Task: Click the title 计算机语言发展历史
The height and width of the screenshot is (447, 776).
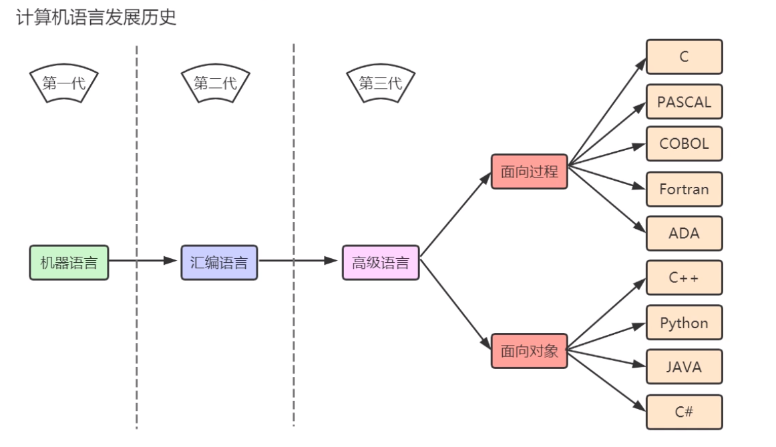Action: pos(96,17)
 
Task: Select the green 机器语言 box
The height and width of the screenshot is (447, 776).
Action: pos(69,262)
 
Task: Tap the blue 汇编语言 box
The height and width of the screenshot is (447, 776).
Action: pos(219,262)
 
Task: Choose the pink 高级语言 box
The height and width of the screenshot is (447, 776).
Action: pos(381,262)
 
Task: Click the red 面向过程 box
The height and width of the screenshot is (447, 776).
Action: pos(529,171)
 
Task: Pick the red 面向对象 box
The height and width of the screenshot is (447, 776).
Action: pos(529,351)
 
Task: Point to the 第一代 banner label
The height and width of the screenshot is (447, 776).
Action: pos(64,83)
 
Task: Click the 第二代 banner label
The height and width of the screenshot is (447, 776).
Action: pos(215,83)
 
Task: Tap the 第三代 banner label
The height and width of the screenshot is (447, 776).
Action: pos(381,83)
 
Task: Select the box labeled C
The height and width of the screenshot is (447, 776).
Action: pos(684,57)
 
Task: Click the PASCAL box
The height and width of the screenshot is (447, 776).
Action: pos(684,102)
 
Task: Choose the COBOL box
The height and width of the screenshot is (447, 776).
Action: pos(684,143)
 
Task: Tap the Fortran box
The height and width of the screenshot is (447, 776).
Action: pos(684,189)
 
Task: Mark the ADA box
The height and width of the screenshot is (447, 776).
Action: pos(684,234)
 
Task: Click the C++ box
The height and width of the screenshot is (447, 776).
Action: pos(684,278)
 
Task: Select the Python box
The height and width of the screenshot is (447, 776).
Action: pos(684,323)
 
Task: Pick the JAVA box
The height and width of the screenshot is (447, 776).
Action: pos(684,367)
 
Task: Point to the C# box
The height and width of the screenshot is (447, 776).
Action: pos(684,412)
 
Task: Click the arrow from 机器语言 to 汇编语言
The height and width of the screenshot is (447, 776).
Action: pos(144,260)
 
